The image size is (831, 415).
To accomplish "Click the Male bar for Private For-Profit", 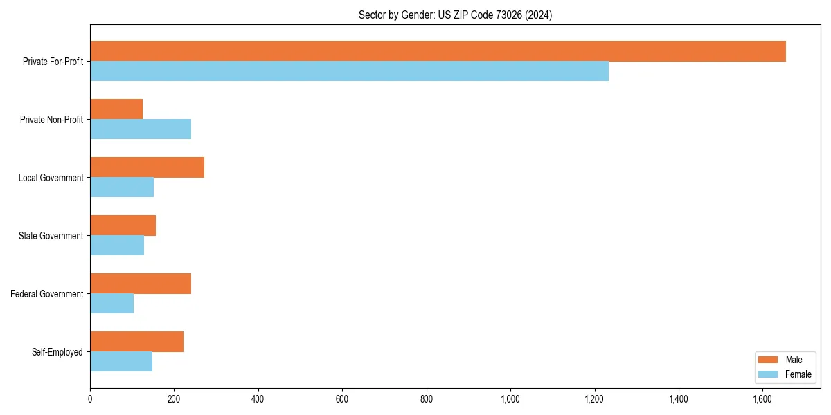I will coord(438,51).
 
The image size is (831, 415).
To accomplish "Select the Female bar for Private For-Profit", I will coord(349,71).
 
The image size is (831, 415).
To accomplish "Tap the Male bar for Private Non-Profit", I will coord(116,109).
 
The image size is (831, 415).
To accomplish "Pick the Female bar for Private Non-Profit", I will coord(141,129).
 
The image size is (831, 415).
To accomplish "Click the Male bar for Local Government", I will coord(147,167).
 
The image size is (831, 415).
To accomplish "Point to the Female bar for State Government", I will coord(117,246).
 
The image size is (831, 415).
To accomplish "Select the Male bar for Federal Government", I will coord(141,284).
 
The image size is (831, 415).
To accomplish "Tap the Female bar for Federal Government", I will coord(111,304).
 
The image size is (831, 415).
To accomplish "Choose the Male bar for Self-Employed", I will coord(136,342).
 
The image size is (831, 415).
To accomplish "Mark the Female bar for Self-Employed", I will coord(121,362).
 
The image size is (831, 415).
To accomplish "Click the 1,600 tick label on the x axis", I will coord(762,399).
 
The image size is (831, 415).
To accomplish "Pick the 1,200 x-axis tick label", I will coord(594,399).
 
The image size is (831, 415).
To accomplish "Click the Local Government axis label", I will coord(51,178).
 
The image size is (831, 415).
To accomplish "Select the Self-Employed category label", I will coord(57,352).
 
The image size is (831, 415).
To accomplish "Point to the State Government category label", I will coord(51,236).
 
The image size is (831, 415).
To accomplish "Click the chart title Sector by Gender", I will coord(455,15).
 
